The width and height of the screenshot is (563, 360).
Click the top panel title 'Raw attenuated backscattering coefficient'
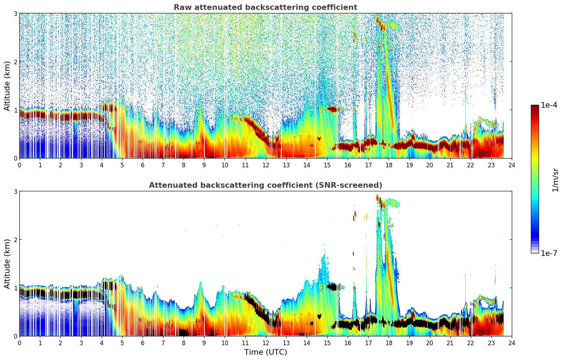coord(265,7)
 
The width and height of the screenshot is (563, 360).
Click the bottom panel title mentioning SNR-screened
coord(265,185)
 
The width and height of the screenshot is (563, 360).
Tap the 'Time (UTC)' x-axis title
coord(265,352)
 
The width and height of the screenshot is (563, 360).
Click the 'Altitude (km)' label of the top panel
coord(7,86)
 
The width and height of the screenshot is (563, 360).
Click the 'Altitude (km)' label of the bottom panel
coord(7,264)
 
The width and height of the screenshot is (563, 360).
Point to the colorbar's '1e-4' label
coord(549,105)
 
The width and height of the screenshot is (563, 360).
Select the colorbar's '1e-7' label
coord(549,253)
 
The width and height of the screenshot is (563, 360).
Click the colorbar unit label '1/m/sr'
coord(555,180)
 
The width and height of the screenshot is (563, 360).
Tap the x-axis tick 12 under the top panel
coord(265,165)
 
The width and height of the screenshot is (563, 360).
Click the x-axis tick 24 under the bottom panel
coord(511,343)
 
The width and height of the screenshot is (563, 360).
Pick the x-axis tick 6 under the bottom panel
coord(143,343)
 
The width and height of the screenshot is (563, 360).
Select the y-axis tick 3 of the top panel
coord(16,13)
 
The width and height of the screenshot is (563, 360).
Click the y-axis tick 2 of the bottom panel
coord(16,240)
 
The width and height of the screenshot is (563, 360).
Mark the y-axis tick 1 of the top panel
coord(16,110)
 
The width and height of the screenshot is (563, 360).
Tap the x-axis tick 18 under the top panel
coord(389,165)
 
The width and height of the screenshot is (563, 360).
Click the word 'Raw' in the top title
coord(181,7)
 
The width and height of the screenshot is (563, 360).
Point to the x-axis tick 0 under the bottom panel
coord(19,343)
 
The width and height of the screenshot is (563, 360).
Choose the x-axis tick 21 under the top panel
coord(450,165)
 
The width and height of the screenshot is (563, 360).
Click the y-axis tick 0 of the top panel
coord(16,158)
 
